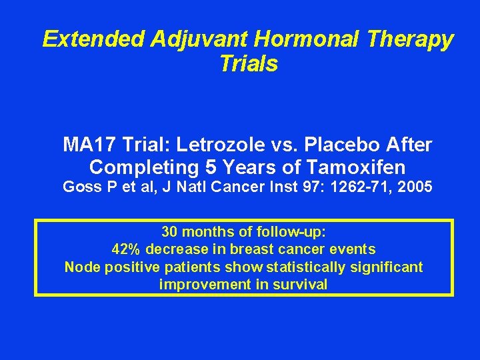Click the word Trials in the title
248,64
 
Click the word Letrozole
213,145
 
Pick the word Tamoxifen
359,167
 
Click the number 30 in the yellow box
169,232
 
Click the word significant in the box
387,267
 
